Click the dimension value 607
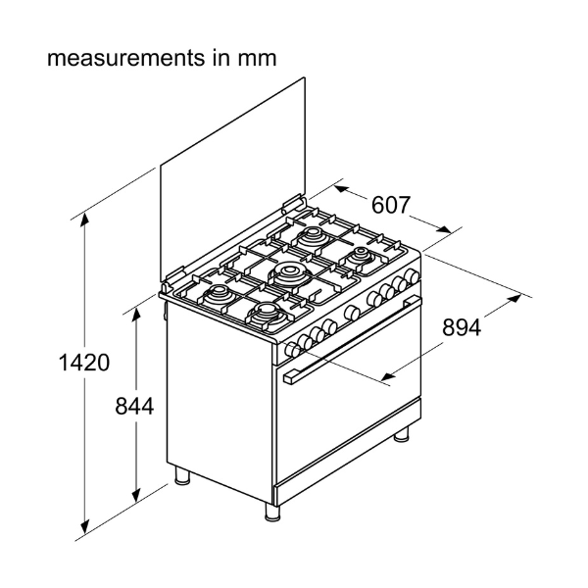[x=391, y=205]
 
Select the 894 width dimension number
[x=462, y=327]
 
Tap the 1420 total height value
[x=84, y=363]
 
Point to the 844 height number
[x=134, y=406]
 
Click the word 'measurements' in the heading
[x=125, y=58]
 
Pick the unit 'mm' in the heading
[x=257, y=59]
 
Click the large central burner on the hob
[x=288, y=273]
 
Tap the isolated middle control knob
[x=353, y=314]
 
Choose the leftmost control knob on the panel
[x=292, y=351]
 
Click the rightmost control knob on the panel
[x=413, y=276]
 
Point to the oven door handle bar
[x=353, y=339]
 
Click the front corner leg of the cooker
[x=272, y=512]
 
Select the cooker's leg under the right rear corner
[x=402, y=434]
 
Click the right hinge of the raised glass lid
[x=293, y=202]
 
